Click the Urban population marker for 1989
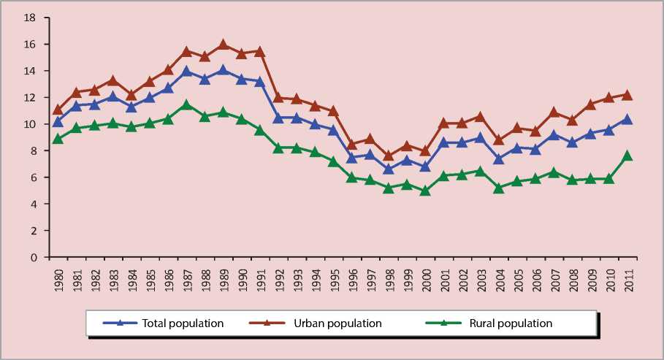coord(224,45)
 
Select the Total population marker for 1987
coord(187,71)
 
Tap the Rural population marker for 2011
coord(627,156)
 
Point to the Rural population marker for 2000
coord(425,191)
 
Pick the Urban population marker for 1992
coord(278,97)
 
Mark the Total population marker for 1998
coord(389,169)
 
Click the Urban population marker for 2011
coord(627,95)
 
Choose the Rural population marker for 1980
coord(58,138)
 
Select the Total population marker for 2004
coord(498,159)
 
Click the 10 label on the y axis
coord(31,124)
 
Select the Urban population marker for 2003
coord(480,116)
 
